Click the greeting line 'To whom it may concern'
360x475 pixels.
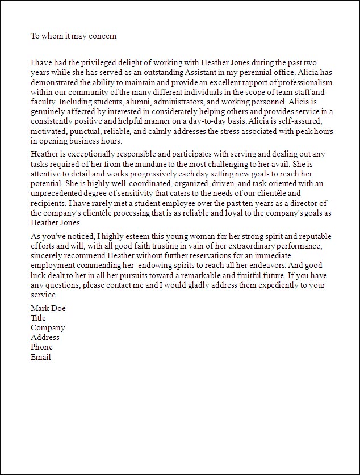74,36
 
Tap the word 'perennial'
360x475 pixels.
253,73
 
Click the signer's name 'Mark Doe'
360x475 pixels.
48,309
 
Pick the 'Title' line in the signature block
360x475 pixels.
39,318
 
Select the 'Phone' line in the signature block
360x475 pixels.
41,347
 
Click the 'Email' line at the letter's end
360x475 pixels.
41,357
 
